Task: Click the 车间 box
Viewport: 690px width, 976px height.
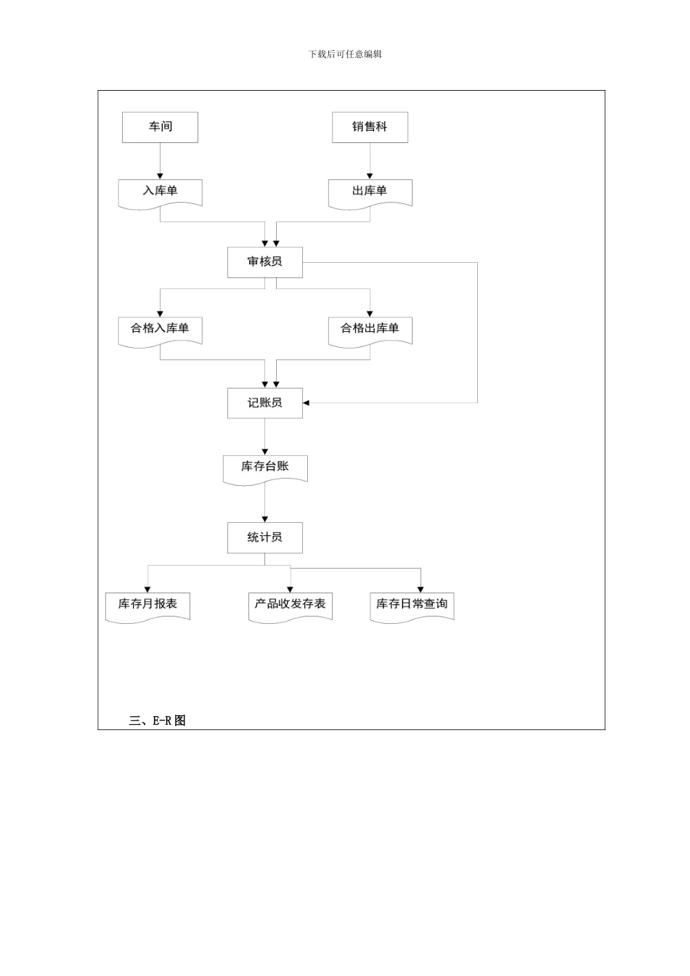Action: tap(160, 127)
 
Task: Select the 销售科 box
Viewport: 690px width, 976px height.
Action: tap(370, 127)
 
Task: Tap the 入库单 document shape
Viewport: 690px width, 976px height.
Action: tap(160, 192)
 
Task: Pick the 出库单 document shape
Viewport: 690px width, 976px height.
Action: tap(370, 192)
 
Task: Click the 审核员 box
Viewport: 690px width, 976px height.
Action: tap(264, 262)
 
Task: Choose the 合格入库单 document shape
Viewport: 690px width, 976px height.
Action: tap(160, 330)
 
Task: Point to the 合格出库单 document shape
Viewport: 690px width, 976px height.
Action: tap(370, 330)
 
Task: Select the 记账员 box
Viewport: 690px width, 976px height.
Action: tap(264, 403)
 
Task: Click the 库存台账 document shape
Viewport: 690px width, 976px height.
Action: tap(264, 468)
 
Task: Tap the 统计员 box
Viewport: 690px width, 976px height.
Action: tap(264, 538)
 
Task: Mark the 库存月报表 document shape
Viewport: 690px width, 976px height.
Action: tap(147, 605)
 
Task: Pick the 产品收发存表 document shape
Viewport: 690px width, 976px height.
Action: tap(290, 605)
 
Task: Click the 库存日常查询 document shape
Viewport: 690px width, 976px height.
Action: tap(412, 605)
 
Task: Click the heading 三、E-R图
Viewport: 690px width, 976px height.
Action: tap(158, 720)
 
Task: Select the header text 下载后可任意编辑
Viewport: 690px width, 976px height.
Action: tap(345, 54)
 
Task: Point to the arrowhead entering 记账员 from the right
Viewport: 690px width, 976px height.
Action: tap(307, 403)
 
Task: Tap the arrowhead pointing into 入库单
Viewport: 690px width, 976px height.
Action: tap(160, 176)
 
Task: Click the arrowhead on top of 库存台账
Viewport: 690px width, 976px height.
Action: tap(264, 452)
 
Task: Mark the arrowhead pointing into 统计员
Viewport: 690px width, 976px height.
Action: tap(264, 518)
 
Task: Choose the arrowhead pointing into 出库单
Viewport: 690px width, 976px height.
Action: tap(370, 176)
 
